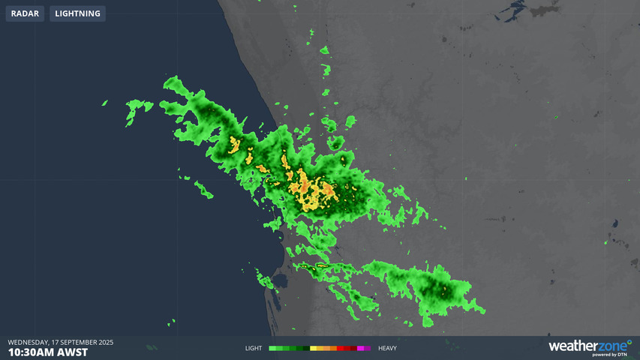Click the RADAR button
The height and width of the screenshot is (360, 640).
[25, 13]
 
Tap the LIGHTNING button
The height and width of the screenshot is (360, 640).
[77, 13]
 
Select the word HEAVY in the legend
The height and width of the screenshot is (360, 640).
[387, 349]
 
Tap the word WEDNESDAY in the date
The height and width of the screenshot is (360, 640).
[28, 342]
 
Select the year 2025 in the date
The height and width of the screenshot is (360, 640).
[105, 342]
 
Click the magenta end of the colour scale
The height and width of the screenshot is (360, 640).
[368, 349]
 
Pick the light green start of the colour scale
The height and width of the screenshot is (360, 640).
[272, 349]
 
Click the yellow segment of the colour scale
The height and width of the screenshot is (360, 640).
[313, 349]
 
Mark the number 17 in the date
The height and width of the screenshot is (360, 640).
[56, 342]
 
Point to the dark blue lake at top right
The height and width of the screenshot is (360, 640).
[516, 11]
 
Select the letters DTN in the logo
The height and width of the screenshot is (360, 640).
[621, 355]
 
